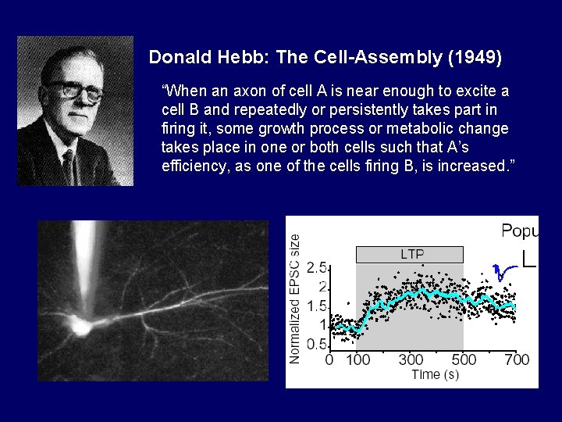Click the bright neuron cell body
(x=80, y=326)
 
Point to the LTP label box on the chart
(x=410, y=254)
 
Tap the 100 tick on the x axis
(x=357, y=359)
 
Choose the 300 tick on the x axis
(x=411, y=359)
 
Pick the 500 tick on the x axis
(x=464, y=359)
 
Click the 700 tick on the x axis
(x=516, y=359)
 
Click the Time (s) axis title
(x=435, y=374)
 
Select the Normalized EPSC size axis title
(x=295, y=298)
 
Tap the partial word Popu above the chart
(x=519, y=230)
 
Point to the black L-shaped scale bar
(x=528, y=259)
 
